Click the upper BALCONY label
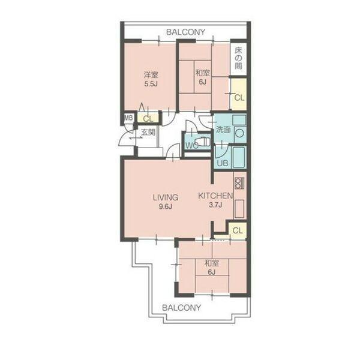[x=185, y=32]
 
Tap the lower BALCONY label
[x=182, y=308]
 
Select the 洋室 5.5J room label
[x=151, y=79]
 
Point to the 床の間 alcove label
[x=238, y=59]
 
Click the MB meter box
[x=128, y=118]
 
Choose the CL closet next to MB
[x=148, y=118]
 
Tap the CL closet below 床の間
[x=239, y=94]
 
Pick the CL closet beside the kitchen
[x=238, y=230]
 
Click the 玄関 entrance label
[x=148, y=132]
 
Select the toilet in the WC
[x=203, y=142]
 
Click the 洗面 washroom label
[x=223, y=130]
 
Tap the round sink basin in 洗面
[x=239, y=133]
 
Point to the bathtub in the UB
[x=239, y=157]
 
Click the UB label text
[x=223, y=163]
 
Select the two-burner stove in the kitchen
[x=239, y=183]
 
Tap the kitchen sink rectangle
[x=239, y=209]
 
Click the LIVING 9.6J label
[x=166, y=202]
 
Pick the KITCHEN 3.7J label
[x=215, y=200]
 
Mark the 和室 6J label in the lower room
[x=212, y=268]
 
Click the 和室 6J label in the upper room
[x=203, y=77]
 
